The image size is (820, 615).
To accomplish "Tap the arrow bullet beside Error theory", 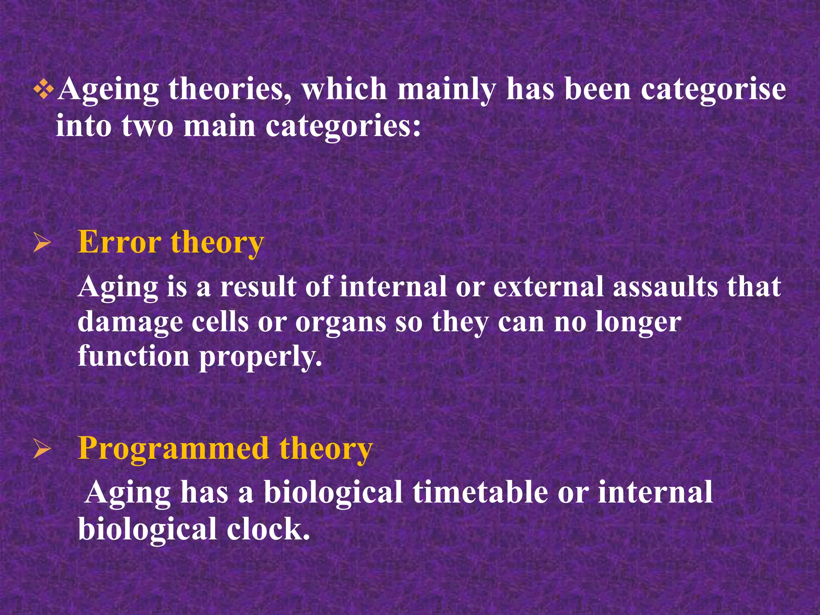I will tap(42, 243).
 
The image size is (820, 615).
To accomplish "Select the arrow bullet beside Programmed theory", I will tap(42, 449).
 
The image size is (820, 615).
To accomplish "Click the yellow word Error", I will tap(119, 242).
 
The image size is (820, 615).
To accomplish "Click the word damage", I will tap(130, 322).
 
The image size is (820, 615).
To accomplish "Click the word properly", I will tap(261, 356).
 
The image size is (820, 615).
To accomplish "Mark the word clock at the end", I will tap(268, 529).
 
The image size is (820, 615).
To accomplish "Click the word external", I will tap(548, 287).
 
